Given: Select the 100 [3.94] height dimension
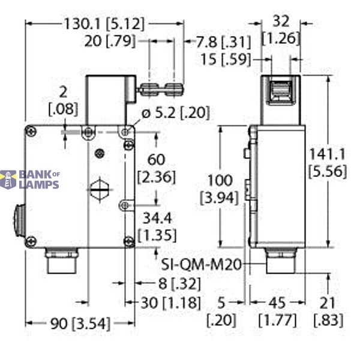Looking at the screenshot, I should [x=222, y=187].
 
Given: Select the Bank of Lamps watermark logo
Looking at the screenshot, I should [x=30, y=179].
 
